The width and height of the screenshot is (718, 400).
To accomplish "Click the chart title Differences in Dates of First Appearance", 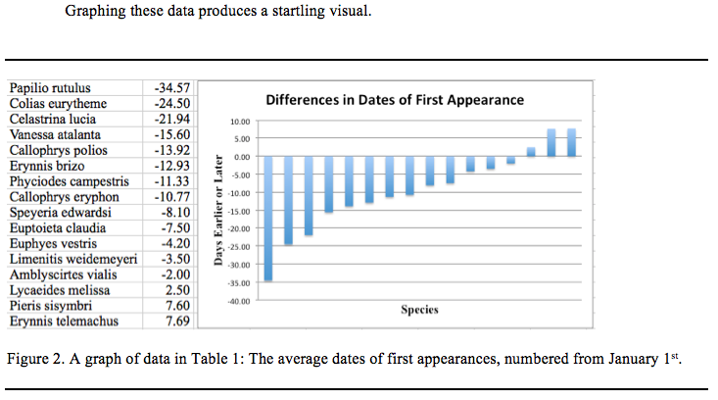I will point(395,100).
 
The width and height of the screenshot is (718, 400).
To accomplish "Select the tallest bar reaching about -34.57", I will point(268,219).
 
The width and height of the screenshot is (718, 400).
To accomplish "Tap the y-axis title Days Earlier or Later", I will point(218,209).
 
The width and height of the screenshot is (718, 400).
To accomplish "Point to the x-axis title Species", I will point(419,310).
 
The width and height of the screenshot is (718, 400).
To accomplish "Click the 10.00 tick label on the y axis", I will point(241,122).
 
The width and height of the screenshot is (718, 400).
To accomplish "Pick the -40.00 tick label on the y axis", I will point(239,301).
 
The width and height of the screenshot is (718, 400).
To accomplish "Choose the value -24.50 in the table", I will point(171,104).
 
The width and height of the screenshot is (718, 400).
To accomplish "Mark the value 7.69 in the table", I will point(176,321).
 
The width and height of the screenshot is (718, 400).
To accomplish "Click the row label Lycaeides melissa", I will point(59,290).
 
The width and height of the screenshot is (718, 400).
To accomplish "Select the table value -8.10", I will point(174,213).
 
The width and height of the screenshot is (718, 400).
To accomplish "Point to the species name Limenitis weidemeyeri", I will point(72,259).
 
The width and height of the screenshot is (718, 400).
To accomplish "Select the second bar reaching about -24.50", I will point(289,200).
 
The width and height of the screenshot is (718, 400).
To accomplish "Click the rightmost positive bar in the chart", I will point(571,143).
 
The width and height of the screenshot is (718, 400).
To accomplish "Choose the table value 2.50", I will point(176,290).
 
